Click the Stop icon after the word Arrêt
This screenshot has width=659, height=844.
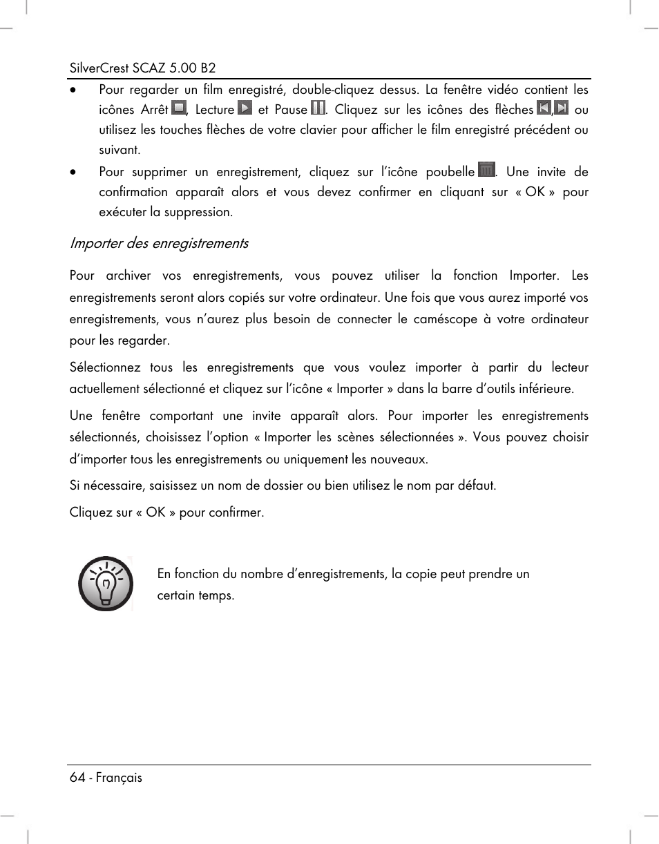click(179, 108)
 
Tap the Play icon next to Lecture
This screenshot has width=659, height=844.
click(245, 108)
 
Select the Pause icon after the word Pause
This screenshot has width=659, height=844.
click(318, 108)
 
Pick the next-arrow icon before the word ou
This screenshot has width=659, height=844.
click(562, 108)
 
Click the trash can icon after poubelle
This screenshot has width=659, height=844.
click(487, 170)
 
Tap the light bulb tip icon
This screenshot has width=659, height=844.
click(105, 584)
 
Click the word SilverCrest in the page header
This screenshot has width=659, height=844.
click(100, 68)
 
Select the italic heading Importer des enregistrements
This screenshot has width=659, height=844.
click(159, 243)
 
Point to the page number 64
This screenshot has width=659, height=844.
click(77, 778)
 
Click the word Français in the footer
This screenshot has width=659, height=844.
click(119, 778)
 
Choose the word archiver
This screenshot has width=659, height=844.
click(128, 276)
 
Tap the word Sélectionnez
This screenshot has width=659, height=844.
click(105, 367)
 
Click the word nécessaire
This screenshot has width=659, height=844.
click(111, 485)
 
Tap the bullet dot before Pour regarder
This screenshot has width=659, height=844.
click(73, 90)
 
